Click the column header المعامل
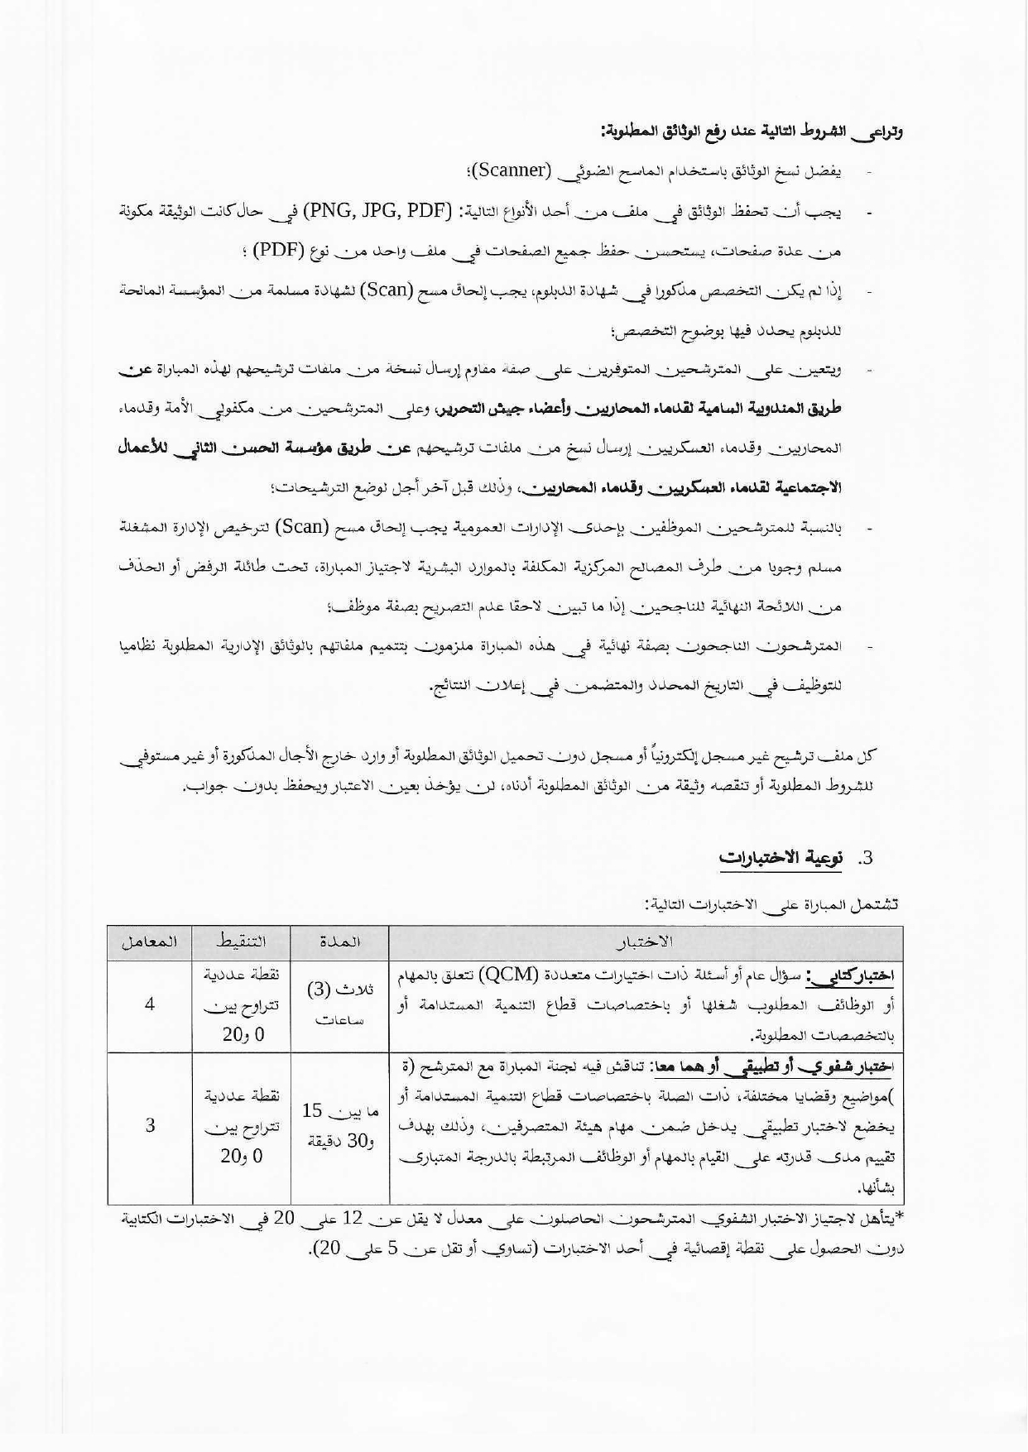pyautogui.click(x=150, y=942)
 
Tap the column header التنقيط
pyautogui.click(x=240, y=942)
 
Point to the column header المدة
pyautogui.click(x=339, y=942)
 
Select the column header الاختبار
pyautogui.click(x=646, y=942)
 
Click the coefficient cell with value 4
pyautogui.click(x=150, y=1004)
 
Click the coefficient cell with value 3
pyautogui.click(x=150, y=1126)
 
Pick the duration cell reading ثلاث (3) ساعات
pyautogui.click(x=339, y=1004)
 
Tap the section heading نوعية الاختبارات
pyautogui.click(x=781, y=858)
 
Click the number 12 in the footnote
pyautogui.click(x=353, y=1219)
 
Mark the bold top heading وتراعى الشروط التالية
pyautogui.click(x=752, y=131)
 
